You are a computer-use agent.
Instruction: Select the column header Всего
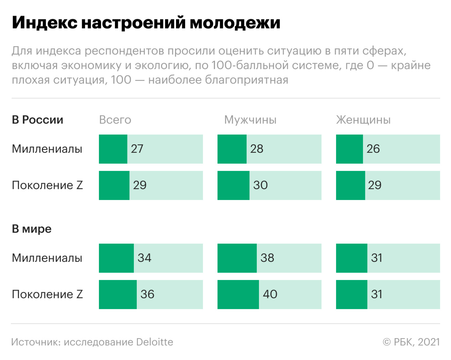(115, 120)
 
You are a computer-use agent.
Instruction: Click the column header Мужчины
(250, 120)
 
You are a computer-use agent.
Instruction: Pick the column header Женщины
(363, 120)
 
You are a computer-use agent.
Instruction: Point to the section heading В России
(37, 120)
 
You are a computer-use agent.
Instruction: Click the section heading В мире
(32, 229)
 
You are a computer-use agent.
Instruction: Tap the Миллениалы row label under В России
(47, 149)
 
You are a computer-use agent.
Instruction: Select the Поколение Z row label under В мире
(47, 294)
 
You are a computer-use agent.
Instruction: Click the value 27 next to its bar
(137, 149)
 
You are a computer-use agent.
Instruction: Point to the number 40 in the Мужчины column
(270, 294)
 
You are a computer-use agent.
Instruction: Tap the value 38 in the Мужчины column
(267, 258)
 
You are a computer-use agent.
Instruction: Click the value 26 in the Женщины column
(373, 149)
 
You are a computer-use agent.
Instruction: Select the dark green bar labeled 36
(118, 294)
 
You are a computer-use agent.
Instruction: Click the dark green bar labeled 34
(116, 258)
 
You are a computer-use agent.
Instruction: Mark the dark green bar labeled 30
(234, 185)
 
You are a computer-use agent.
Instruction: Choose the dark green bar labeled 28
(232, 149)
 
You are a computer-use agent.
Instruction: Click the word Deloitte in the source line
(155, 342)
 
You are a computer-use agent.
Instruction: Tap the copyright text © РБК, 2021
(411, 342)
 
